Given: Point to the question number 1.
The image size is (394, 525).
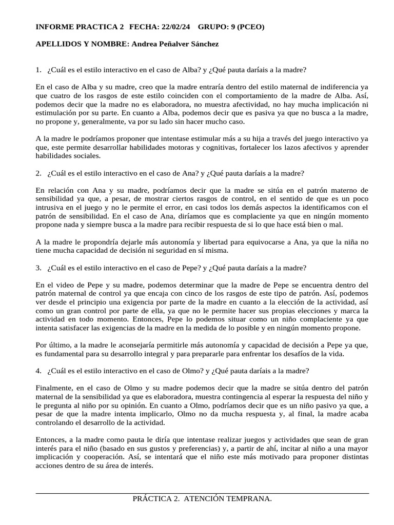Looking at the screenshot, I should [x=38, y=70].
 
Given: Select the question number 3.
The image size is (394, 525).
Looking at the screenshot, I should [x=38, y=268].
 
